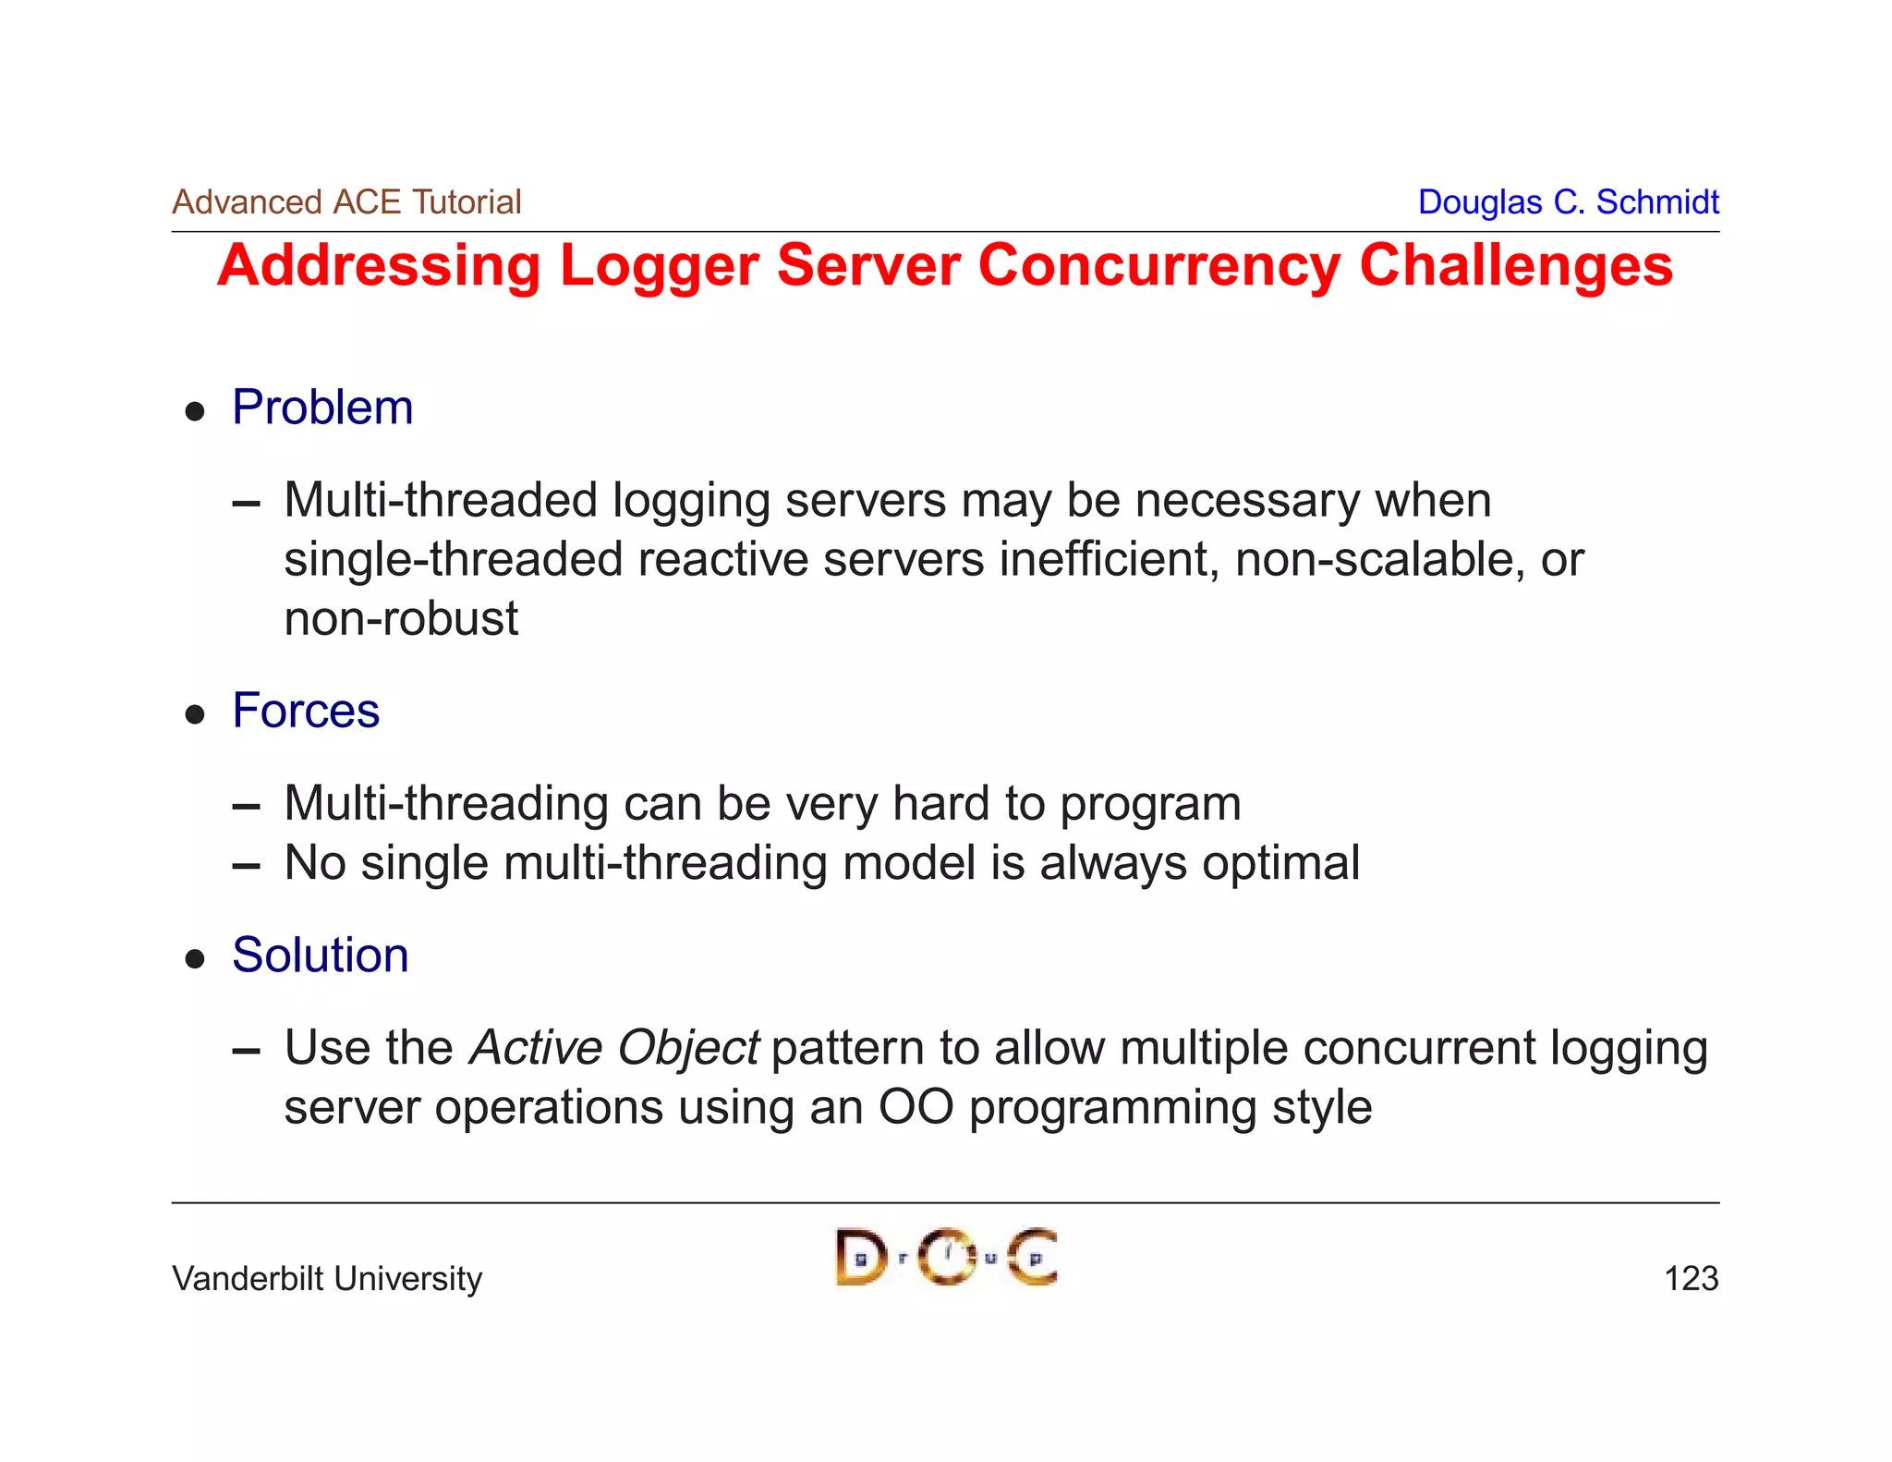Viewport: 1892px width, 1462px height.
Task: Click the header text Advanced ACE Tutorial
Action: (x=346, y=201)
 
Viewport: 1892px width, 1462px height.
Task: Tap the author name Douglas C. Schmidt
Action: (x=1568, y=201)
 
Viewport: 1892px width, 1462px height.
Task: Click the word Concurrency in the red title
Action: (x=1158, y=266)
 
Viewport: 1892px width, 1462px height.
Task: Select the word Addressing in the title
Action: (x=379, y=266)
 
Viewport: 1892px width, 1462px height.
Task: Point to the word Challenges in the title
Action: (x=1516, y=266)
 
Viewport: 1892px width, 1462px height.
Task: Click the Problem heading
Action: (x=322, y=408)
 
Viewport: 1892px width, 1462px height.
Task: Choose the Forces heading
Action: (x=306, y=711)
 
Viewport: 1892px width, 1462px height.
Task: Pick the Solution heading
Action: (x=320, y=955)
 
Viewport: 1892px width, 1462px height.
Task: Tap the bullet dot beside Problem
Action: (x=195, y=411)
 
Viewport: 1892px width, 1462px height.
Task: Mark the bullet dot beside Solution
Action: (x=195, y=958)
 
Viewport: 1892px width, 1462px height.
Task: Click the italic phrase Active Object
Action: (x=614, y=1048)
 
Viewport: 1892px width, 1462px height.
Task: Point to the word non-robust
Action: (x=401, y=618)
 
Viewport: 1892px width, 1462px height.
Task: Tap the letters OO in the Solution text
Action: (x=916, y=1107)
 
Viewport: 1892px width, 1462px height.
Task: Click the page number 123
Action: (x=1691, y=1278)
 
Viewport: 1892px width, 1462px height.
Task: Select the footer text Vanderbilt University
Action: (x=327, y=1278)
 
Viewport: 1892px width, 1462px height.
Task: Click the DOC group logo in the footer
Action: (x=946, y=1257)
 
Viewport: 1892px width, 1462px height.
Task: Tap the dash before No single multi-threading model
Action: (x=246, y=866)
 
